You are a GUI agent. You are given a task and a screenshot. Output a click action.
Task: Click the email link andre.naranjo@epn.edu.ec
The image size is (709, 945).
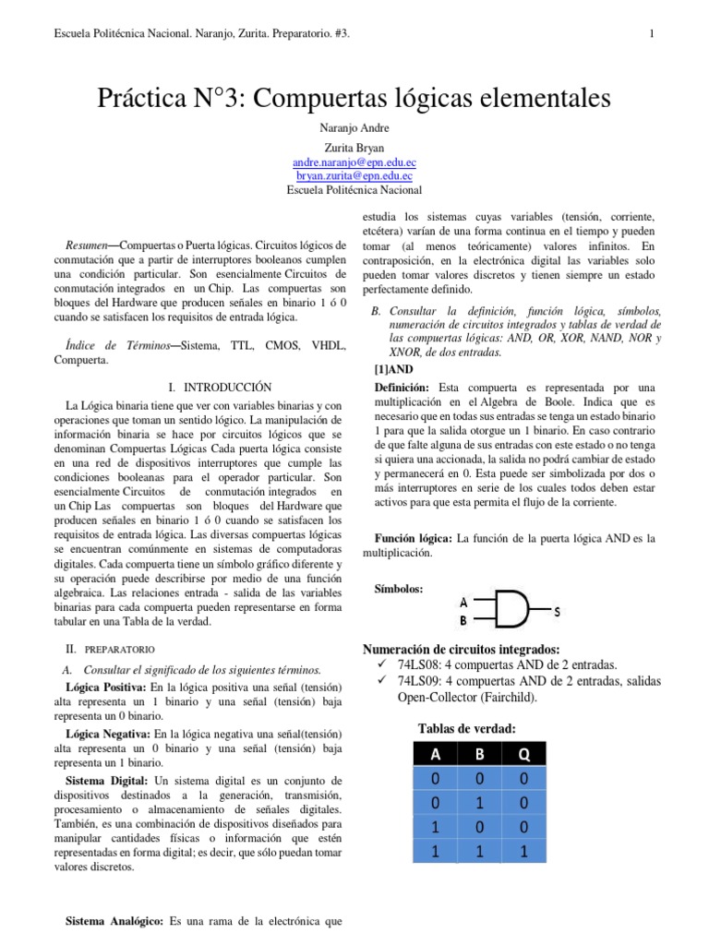pyautogui.click(x=354, y=161)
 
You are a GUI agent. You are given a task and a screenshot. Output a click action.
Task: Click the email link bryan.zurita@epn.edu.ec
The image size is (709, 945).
pyautogui.click(x=354, y=174)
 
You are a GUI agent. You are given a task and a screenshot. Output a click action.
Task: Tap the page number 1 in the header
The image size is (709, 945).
pyautogui.click(x=652, y=35)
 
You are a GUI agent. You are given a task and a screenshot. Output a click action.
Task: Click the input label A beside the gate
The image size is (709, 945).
pyautogui.click(x=463, y=602)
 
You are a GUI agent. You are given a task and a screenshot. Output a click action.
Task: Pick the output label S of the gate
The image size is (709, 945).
pyautogui.click(x=557, y=611)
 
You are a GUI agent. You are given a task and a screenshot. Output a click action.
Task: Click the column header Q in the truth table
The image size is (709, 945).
pyautogui.click(x=523, y=755)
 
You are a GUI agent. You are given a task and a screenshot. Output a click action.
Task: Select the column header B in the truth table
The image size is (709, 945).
pyautogui.click(x=480, y=755)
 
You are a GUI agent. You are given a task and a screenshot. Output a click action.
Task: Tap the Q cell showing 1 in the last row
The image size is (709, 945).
pyautogui.click(x=523, y=853)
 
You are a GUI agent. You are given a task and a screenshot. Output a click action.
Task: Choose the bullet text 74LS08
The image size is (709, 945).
pyautogui.click(x=420, y=664)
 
